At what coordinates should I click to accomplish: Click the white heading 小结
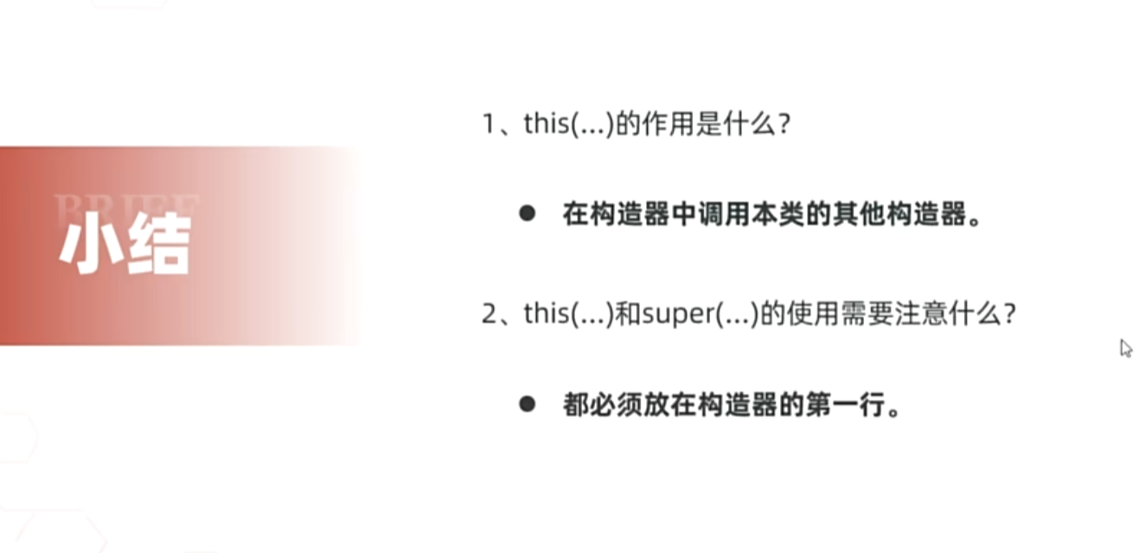[x=125, y=246]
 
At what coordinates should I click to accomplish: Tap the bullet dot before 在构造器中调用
[x=528, y=214]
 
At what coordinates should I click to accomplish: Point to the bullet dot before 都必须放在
[x=528, y=404]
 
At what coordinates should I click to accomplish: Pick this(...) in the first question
[x=567, y=125]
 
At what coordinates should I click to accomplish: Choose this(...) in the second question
[x=567, y=313]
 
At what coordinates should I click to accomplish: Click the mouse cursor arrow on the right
[x=1125, y=348]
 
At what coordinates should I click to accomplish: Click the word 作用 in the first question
[x=662, y=125]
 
